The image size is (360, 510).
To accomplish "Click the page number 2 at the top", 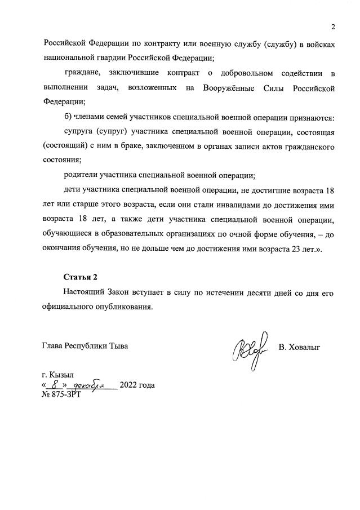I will [333, 27].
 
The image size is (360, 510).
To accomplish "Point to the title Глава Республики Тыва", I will [85, 346].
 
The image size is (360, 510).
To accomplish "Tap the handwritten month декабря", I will [90, 385].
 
